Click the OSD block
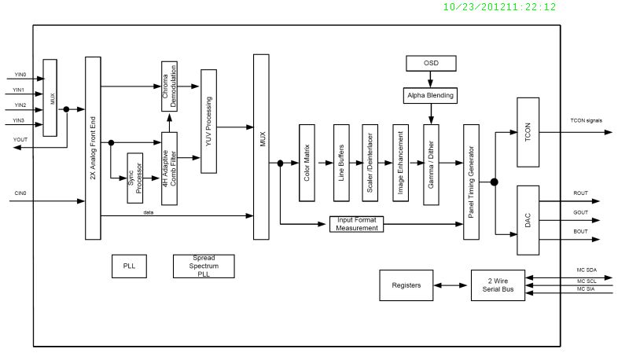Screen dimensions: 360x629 [430, 62]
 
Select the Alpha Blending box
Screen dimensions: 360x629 [430, 95]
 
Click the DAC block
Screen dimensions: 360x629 [527, 221]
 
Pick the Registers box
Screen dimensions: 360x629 [406, 285]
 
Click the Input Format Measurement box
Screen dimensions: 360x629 [355, 223]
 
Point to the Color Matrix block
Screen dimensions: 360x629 [307, 163]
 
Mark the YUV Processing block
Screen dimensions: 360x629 [208, 121]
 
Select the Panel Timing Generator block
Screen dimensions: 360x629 [472, 182]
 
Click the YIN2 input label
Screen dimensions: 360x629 [20, 105]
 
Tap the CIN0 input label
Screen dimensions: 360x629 [20, 193]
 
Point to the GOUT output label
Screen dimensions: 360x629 [580, 212]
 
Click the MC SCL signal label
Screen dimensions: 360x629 [587, 281]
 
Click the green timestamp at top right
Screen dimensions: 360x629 [499, 7]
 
